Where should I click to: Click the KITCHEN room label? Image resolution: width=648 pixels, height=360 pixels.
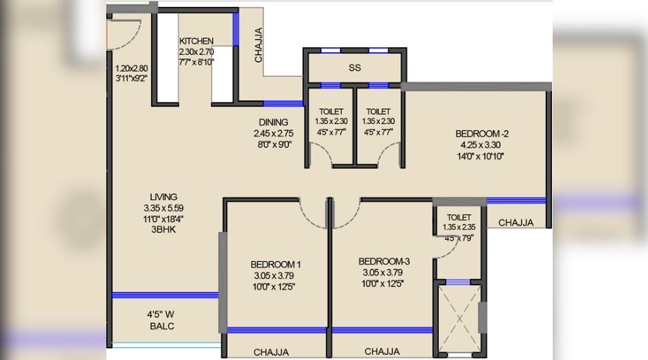196,41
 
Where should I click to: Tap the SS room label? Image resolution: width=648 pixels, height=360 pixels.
355,68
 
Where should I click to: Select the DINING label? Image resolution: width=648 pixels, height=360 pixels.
273,122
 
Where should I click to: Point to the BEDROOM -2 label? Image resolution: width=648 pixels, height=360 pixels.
482,134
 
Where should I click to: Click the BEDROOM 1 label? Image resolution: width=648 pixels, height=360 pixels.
276,265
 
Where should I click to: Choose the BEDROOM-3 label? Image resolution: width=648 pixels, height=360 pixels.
384,262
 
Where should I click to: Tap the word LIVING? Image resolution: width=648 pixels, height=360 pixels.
164,197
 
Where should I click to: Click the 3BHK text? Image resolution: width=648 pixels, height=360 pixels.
164,230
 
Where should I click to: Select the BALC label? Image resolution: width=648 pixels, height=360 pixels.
162,326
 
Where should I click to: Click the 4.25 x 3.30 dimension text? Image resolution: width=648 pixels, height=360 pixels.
481,145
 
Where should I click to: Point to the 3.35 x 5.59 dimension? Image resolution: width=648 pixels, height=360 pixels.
164,208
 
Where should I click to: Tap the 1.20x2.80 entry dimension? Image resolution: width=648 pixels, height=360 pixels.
132,69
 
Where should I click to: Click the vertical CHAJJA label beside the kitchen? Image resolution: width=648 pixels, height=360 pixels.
259,45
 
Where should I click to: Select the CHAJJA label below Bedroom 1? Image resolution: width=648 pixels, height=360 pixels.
271,352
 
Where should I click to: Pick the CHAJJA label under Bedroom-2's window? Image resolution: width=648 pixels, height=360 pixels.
516,223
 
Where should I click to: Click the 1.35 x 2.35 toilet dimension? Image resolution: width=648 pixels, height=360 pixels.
459,228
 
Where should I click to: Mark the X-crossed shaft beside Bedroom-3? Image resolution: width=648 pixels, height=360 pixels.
459,318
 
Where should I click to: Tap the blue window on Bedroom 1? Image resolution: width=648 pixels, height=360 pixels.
277,331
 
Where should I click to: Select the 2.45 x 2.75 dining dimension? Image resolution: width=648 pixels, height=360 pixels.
274,134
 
